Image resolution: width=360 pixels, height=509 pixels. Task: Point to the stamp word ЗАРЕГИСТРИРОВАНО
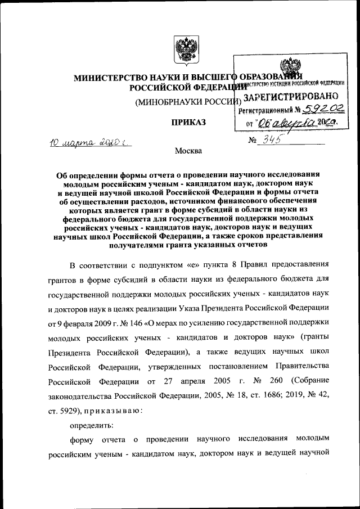pos(290,97)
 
